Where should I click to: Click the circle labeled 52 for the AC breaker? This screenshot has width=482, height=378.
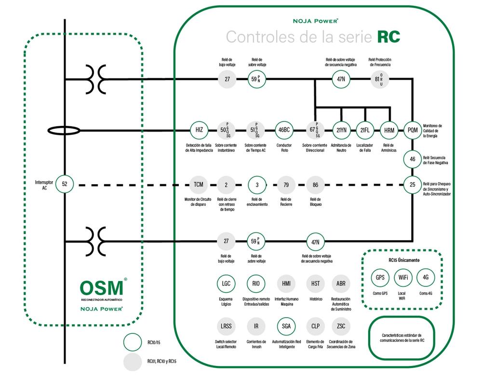pyautogui.click(x=65, y=184)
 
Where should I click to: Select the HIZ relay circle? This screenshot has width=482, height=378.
pyautogui.click(x=199, y=130)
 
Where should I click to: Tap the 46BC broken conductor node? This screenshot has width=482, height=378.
pyautogui.click(x=284, y=130)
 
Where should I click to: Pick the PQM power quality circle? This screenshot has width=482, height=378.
pyautogui.click(x=413, y=130)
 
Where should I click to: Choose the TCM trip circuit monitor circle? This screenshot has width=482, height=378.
pyautogui.click(x=199, y=184)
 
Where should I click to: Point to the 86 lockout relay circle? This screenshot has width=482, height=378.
pyautogui.click(x=315, y=184)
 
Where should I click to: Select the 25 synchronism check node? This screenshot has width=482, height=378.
pyautogui.click(x=413, y=184)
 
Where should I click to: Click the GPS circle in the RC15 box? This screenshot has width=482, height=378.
pyautogui.click(x=380, y=278)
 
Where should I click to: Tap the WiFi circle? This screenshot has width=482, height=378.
pyautogui.click(x=403, y=278)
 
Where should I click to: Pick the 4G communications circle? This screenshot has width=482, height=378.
pyautogui.click(x=426, y=278)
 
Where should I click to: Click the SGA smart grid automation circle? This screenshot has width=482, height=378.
pyautogui.click(x=286, y=326)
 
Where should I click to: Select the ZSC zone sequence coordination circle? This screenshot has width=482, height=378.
pyautogui.click(x=341, y=326)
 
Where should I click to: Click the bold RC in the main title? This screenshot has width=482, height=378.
pyautogui.click(x=388, y=37)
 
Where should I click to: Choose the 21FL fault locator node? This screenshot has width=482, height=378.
pyautogui.click(x=365, y=130)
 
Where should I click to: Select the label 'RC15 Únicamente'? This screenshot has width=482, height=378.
pyautogui.click(x=403, y=260)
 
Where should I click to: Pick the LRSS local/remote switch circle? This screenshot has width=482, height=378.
pyautogui.click(x=226, y=326)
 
